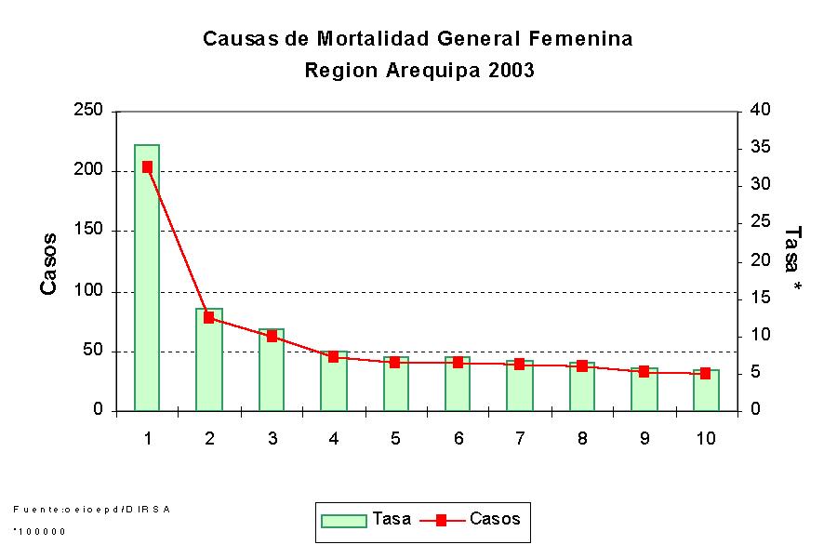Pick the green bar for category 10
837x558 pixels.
pos(706,390)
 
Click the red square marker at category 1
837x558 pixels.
pos(147,167)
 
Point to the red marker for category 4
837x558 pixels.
pos(333,356)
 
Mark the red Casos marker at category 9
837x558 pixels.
pos(644,371)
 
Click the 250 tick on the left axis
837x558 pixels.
pos(90,111)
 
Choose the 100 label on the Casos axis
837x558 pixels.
pos(90,292)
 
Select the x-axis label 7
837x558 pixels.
pos(520,438)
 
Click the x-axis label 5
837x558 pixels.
pos(395,438)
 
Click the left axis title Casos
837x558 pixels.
pos(49,264)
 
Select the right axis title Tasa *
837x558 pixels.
pos(793,260)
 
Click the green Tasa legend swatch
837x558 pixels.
pos(343,521)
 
